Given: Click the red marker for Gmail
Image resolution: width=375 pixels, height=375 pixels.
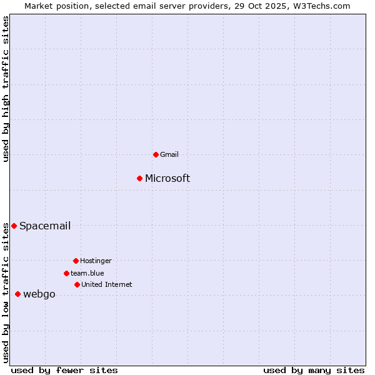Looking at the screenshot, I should (x=156, y=154).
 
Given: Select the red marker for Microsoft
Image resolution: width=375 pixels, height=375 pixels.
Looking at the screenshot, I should (x=139, y=179).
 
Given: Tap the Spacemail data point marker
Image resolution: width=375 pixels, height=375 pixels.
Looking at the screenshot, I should (x=14, y=226).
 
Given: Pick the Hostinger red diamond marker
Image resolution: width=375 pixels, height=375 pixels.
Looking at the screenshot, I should (x=76, y=261).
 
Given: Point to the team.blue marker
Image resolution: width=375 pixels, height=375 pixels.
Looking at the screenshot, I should (x=66, y=273).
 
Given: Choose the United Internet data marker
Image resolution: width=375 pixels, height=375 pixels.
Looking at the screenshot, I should (x=77, y=284).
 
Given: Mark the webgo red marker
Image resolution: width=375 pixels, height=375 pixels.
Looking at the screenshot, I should (x=17, y=294).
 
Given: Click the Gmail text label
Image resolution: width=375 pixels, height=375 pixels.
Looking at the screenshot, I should (x=169, y=154).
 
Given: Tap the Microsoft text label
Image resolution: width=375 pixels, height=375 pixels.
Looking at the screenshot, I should (x=167, y=179).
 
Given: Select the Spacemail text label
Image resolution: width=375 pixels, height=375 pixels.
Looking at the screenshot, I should (x=45, y=226).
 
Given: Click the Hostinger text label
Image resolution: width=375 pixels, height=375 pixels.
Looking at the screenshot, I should (x=96, y=261).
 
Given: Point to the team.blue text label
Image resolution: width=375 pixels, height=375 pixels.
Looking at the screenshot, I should (x=87, y=273).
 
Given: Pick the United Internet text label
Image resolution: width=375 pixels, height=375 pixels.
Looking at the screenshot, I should (x=107, y=284).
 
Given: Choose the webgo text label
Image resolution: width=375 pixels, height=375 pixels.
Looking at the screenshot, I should (x=39, y=294).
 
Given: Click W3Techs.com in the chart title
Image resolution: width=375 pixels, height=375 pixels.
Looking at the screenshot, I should (x=321, y=6).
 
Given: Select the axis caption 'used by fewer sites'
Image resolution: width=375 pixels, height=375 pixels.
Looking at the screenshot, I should (x=64, y=370).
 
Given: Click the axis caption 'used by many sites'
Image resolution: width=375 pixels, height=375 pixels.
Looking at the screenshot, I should (x=314, y=370).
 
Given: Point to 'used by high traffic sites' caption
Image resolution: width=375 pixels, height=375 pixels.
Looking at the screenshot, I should (x=6, y=89).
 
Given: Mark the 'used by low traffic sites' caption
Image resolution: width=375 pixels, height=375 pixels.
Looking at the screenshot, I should (x=6, y=292).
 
